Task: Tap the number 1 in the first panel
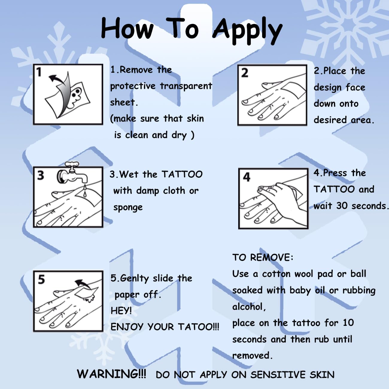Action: [x=39, y=72]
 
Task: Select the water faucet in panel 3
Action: [x=73, y=173]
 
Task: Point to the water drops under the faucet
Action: [x=85, y=191]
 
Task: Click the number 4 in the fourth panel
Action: [x=247, y=177]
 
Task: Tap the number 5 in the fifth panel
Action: [x=41, y=279]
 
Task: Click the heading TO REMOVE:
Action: [x=263, y=257]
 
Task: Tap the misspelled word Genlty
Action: [x=134, y=279]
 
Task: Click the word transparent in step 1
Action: [x=186, y=86]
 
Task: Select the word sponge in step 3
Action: [x=128, y=208]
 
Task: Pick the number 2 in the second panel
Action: [x=244, y=73]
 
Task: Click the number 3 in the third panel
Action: [x=41, y=175]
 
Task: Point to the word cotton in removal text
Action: [x=276, y=274]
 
